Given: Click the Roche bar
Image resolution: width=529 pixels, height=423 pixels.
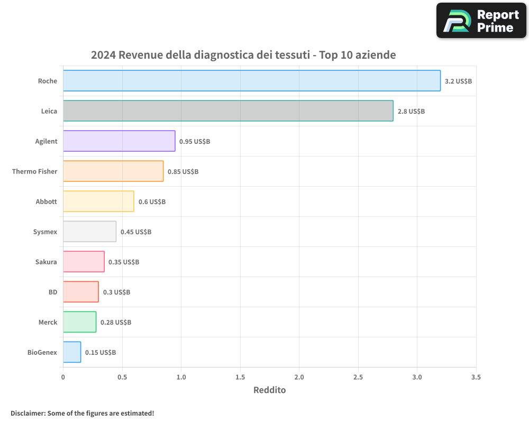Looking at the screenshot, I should point(251,81).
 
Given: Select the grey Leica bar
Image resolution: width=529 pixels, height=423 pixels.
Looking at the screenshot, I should point(228,111).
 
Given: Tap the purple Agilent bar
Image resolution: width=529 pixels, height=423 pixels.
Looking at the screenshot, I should point(119,141).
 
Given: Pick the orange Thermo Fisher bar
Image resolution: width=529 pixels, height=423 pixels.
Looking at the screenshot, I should point(113,171).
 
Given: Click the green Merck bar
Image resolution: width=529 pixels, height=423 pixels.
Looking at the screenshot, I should point(79,322).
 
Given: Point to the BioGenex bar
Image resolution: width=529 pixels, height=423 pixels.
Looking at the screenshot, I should point(72,352).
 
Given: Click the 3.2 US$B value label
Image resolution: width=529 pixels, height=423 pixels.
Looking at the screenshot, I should point(458,81).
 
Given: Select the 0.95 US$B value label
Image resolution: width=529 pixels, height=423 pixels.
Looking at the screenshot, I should point(195,142).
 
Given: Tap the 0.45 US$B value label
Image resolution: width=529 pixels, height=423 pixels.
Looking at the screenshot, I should point(136,232).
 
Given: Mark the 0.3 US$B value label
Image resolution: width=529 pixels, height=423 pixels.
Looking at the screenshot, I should point(116,292).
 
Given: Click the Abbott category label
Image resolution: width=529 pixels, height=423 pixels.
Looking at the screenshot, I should point(46,201).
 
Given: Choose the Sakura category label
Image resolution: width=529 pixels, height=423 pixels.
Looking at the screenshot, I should point(46,262).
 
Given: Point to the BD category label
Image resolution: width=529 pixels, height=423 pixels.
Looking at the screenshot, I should point(53,292).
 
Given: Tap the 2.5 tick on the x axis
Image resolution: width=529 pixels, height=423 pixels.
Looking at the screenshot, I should point(358,378).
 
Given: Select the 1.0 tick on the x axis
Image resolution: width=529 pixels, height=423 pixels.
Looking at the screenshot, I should point(181,378).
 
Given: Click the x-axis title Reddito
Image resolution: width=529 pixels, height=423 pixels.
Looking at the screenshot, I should point(269,390).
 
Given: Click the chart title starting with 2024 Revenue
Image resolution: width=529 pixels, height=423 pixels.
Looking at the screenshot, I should point(243,55).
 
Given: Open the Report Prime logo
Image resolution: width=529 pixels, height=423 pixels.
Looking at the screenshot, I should point(481,21).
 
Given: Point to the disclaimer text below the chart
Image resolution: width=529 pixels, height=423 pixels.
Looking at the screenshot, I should point(82,413).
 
